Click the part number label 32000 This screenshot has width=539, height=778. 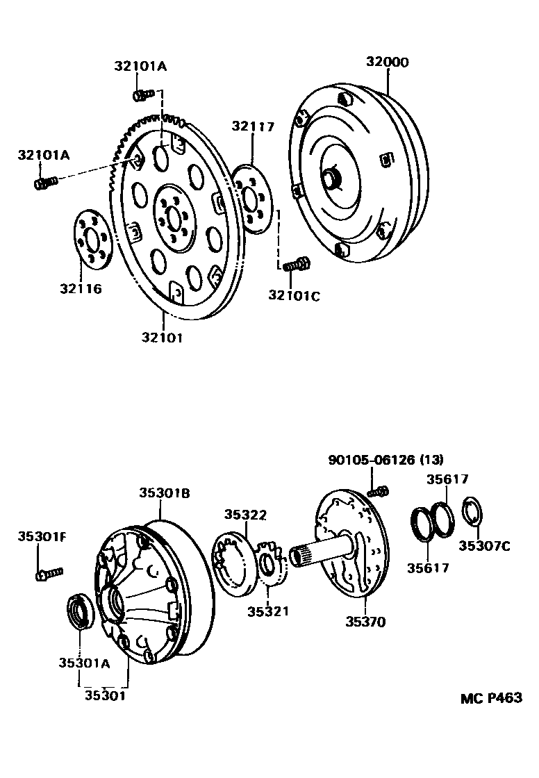[388, 62]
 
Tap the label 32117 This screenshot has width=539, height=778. [253, 126]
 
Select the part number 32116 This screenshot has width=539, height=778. [80, 288]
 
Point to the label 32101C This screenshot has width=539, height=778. [294, 295]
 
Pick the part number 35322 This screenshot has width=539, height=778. [245, 514]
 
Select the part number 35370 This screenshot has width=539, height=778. [365, 622]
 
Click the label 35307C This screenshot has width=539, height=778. [485, 546]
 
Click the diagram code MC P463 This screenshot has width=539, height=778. [490, 698]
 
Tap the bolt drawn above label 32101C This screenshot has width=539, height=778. [297, 264]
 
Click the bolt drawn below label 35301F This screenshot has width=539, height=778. [49, 573]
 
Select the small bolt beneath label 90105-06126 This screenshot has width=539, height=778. [377, 492]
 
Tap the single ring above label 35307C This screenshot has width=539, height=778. [472, 513]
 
